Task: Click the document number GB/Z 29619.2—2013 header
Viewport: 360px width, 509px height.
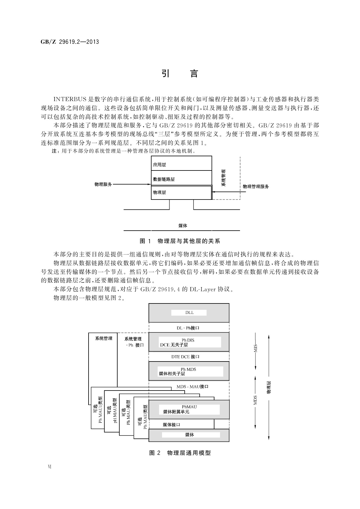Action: tap(70, 42)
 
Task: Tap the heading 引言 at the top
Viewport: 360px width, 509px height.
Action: tap(180, 74)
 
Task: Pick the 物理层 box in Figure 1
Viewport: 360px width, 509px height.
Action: tap(181, 193)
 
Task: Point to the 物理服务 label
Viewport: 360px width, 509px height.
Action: tap(103, 184)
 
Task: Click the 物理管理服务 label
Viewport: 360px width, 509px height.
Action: tap(256, 186)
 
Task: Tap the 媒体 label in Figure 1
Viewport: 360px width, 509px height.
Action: tap(183, 225)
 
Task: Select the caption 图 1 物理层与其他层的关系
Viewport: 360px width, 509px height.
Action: tap(180, 241)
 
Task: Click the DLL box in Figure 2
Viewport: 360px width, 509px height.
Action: tap(189, 313)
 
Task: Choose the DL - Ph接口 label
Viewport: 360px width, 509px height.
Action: tap(188, 328)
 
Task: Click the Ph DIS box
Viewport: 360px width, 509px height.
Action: tap(189, 342)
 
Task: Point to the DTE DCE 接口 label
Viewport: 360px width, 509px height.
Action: tap(185, 357)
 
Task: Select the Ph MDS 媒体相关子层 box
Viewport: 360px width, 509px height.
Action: tap(189, 371)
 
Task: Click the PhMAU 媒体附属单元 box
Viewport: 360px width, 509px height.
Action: tap(189, 409)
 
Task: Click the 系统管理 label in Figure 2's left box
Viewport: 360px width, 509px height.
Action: tap(104, 339)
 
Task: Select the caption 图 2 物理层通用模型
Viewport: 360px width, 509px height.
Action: tap(180, 453)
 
